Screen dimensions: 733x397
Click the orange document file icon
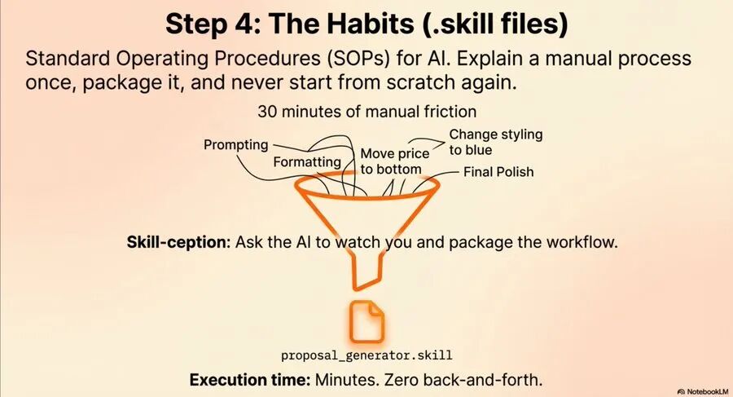[367, 322]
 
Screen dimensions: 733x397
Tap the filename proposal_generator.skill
[367, 355]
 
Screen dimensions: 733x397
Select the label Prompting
[236, 145]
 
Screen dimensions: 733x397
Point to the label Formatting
[307, 162]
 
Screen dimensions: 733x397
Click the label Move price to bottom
[394, 161]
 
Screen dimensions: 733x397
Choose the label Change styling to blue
[495, 142]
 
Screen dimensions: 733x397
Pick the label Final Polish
[498, 172]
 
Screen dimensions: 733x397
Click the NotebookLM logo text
[708, 391]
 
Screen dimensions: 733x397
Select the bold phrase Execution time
[250, 379]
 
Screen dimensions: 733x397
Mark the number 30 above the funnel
[267, 112]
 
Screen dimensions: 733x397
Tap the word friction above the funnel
[450, 112]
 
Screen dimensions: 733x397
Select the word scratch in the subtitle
[420, 82]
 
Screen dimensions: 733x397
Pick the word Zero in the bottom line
[402, 379]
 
